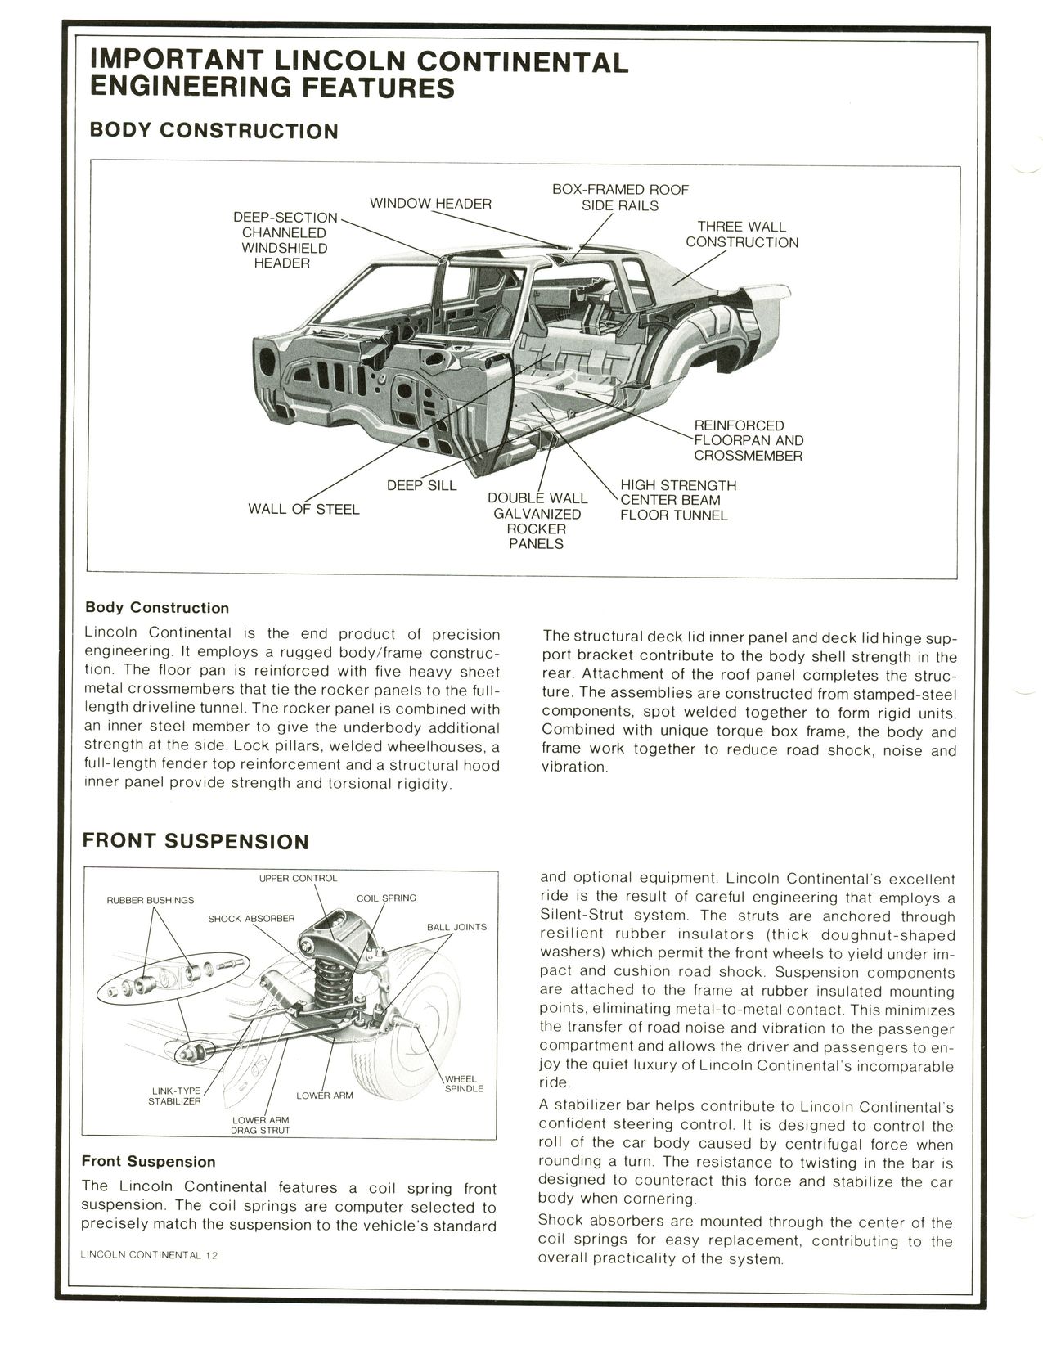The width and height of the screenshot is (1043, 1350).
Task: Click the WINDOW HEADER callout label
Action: pos(430,204)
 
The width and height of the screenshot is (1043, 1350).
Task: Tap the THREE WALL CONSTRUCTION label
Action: pos(742,234)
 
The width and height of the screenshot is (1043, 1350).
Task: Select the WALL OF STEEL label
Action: pos(303,510)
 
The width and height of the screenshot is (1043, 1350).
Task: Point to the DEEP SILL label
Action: pos(421,486)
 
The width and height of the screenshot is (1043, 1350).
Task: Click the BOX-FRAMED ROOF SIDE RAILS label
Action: pos(620,197)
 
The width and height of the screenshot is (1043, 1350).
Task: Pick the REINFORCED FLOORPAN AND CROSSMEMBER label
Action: pos(748,440)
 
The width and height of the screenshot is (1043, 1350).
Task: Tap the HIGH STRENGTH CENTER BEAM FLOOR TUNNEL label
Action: pos(677,500)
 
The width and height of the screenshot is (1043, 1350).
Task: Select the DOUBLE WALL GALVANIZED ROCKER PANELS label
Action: pos(537,520)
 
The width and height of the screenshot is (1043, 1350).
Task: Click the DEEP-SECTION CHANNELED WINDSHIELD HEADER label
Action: pos(284,240)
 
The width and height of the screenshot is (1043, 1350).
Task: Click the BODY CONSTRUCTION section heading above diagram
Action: pos(214,131)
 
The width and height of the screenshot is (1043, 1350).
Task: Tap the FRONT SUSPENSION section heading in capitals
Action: pos(196,842)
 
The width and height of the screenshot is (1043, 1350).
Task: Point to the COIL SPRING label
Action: pos(386,898)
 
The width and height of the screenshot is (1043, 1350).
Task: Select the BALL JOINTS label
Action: pos(456,927)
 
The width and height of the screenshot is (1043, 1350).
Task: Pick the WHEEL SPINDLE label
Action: pos(464,1083)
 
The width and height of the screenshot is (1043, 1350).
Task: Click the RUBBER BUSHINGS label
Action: pos(151,900)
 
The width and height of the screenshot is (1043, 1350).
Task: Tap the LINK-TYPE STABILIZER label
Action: pos(174,1096)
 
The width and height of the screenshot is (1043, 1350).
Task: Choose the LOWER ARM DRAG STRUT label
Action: pos(260,1125)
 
